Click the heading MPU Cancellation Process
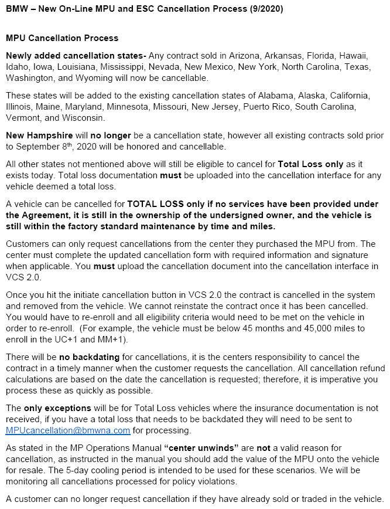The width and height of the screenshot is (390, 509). tap(62, 38)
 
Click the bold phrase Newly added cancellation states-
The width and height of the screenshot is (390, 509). tap(76, 55)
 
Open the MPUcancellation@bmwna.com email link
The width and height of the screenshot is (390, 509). tap(68, 430)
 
